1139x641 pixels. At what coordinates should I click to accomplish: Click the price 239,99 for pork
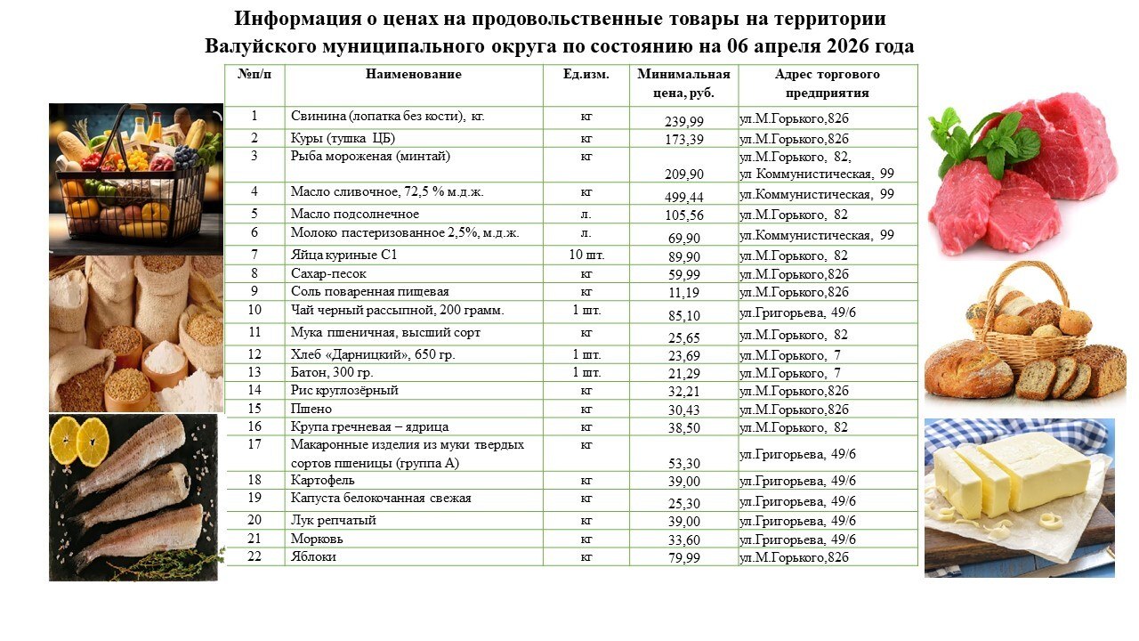coord(683,121)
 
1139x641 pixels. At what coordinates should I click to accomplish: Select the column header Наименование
coord(413,75)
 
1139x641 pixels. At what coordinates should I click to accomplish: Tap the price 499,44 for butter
coord(683,197)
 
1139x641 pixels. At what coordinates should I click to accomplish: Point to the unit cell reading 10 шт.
coord(586,256)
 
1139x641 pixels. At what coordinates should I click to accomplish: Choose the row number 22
coord(254,556)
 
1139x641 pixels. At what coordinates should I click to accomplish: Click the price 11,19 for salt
coord(683,293)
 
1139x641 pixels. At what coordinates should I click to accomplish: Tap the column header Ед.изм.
coord(586,75)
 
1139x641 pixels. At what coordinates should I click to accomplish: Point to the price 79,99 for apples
coord(683,558)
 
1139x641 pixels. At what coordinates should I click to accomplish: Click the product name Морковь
coord(317,539)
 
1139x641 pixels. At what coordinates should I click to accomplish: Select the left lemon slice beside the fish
coord(64,440)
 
